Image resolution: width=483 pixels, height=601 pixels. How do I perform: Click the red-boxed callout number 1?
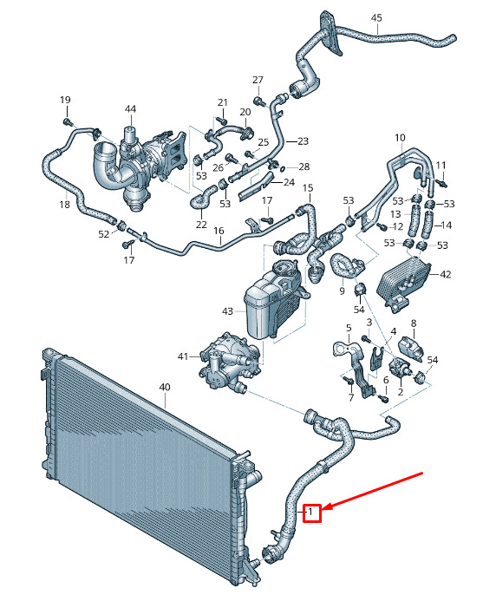click(311, 512)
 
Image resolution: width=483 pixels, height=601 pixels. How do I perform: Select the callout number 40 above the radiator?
click(165, 387)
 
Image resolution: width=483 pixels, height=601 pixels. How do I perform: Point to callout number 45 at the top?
click(376, 17)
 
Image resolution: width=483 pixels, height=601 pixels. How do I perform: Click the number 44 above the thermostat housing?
click(130, 109)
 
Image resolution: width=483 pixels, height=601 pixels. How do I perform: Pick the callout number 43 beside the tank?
click(227, 311)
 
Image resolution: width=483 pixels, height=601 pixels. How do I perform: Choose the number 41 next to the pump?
click(183, 356)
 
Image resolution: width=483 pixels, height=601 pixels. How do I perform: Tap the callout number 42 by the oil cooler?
click(446, 274)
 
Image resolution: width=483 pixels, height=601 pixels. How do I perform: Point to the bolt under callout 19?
click(68, 122)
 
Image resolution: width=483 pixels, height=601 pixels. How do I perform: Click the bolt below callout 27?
click(259, 101)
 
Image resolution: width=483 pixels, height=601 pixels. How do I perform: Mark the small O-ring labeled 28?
click(283, 168)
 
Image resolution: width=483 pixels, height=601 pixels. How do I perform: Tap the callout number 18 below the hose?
click(65, 205)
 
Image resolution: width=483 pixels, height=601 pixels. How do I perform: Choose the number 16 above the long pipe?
click(219, 231)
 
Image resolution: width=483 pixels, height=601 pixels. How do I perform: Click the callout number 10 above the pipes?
click(400, 137)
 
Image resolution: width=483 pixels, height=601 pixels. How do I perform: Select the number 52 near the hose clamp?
click(104, 234)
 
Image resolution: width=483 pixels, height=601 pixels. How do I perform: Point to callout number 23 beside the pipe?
click(303, 141)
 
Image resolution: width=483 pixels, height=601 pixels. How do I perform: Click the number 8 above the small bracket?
click(414, 323)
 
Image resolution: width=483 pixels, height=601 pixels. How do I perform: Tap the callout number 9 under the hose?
click(342, 291)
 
